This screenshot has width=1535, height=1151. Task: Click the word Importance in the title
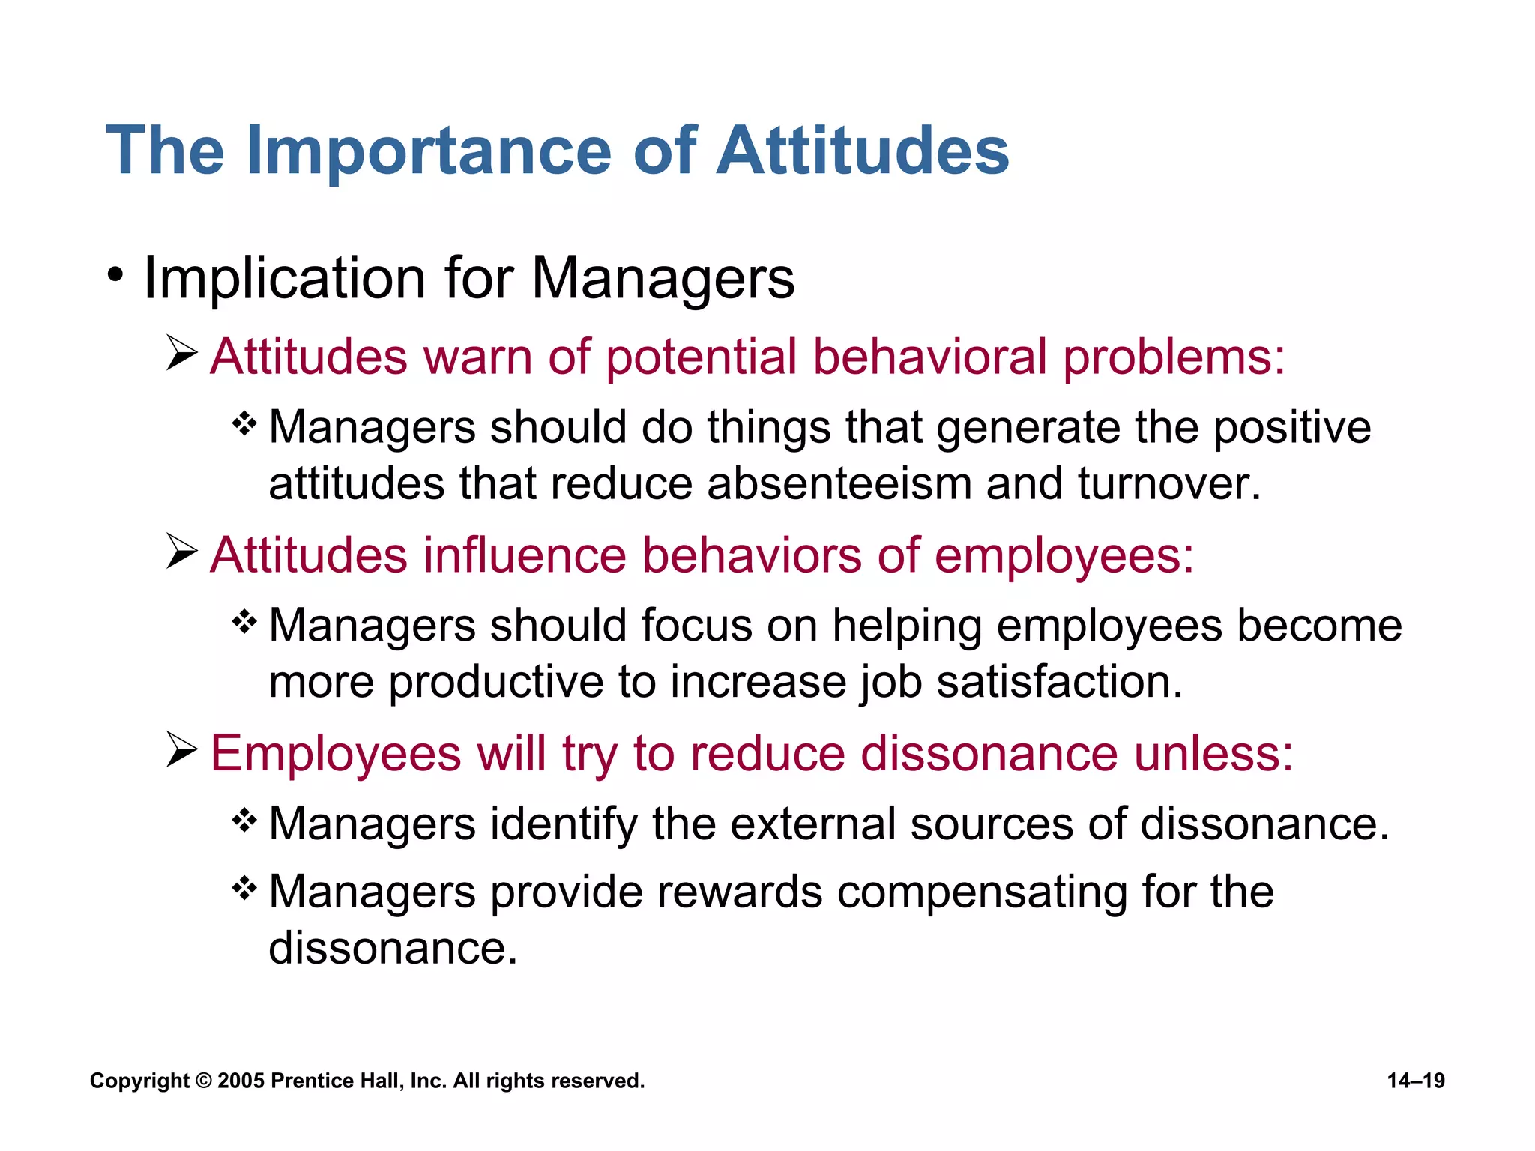pyautogui.click(x=429, y=152)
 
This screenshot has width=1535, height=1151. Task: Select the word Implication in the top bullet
pyautogui.click(x=285, y=279)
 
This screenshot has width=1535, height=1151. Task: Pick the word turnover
pyautogui.click(x=1169, y=484)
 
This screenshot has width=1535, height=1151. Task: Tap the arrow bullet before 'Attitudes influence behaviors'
pyautogui.click(x=181, y=552)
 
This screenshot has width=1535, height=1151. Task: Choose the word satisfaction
pyautogui.click(x=1059, y=683)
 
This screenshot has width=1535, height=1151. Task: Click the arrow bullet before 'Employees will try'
pyautogui.click(x=181, y=750)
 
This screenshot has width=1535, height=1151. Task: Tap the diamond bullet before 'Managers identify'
pyautogui.click(x=244, y=821)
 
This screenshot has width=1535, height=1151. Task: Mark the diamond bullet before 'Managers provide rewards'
pyautogui.click(x=244, y=889)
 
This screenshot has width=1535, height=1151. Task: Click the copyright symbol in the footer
pyautogui.click(x=203, y=1081)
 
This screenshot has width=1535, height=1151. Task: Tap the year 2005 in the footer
pyautogui.click(x=241, y=1081)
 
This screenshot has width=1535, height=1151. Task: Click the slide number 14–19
pyautogui.click(x=1416, y=1081)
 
